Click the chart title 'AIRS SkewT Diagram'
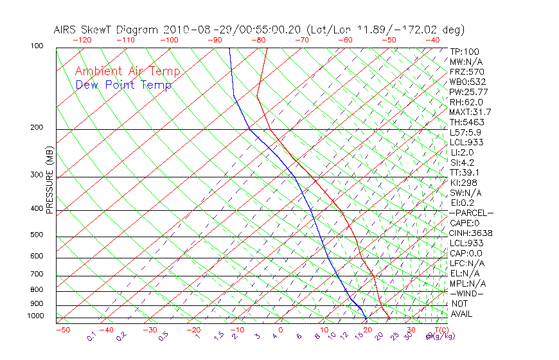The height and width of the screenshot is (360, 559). pos(107,30)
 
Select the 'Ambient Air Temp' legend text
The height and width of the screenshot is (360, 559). pos(127,71)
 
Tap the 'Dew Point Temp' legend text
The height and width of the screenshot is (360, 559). pos(123,85)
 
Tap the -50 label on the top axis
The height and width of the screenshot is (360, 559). pos(389,40)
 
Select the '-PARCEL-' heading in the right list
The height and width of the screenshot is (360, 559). pos(471,213)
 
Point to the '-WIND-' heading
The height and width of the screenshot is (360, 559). pos(466,293)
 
